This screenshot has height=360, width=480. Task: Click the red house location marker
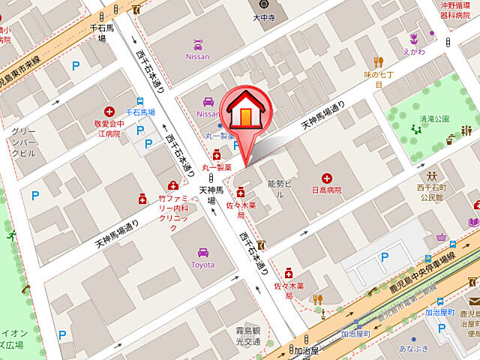coord(244,113)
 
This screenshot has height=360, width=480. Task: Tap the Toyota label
coord(202,265)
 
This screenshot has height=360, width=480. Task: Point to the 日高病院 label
coord(327,190)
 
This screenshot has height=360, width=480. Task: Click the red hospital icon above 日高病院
coord(327,178)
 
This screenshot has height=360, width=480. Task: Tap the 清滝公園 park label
coord(434,118)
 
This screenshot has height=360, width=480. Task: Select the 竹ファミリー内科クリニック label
coord(173,213)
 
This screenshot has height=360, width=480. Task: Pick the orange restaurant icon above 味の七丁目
coord(378,62)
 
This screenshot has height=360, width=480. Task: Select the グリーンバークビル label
coord(23,142)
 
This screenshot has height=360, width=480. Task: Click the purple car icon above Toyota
coord(202,253)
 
